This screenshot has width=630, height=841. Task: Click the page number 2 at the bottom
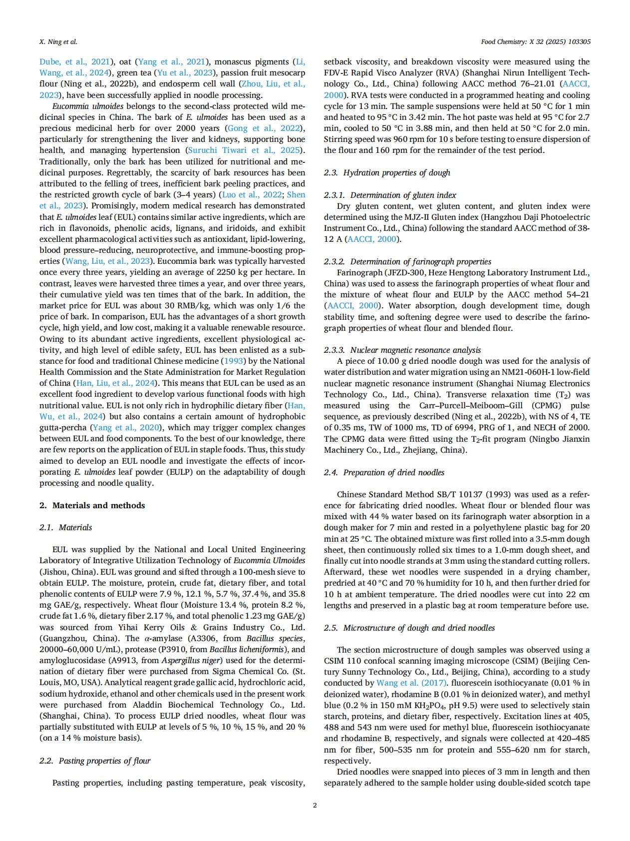pyautogui.click(x=315, y=805)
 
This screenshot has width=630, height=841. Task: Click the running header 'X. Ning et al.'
pyautogui.click(x=58, y=42)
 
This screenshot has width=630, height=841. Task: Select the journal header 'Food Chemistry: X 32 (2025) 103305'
pyautogui.click(x=535, y=42)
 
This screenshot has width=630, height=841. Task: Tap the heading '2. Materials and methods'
pyautogui.click(x=92, y=505)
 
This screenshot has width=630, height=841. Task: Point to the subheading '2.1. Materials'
pyautogui.click(x=66, y=527)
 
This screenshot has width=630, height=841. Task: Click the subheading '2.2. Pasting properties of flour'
pyautogui.click(x=95, y=761)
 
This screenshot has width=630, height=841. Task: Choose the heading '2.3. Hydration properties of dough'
pyautogui.click(x=387, y=172)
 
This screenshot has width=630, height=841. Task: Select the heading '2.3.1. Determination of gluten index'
pyautogui.click(x=390, y=195)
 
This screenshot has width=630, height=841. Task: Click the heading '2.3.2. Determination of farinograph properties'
pyautogui.click(x=407, y=261)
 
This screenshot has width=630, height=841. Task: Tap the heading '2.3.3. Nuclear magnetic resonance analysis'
pyautogui.click(x=402, y=350)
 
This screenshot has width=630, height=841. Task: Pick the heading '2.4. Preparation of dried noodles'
pyautogui.click(x=384, y=472)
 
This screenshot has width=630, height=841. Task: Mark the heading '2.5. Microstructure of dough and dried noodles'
pyautogui.click(x=409, y=628)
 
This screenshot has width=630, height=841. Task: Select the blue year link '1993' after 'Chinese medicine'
pyautogui.click(x=234, y=361)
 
